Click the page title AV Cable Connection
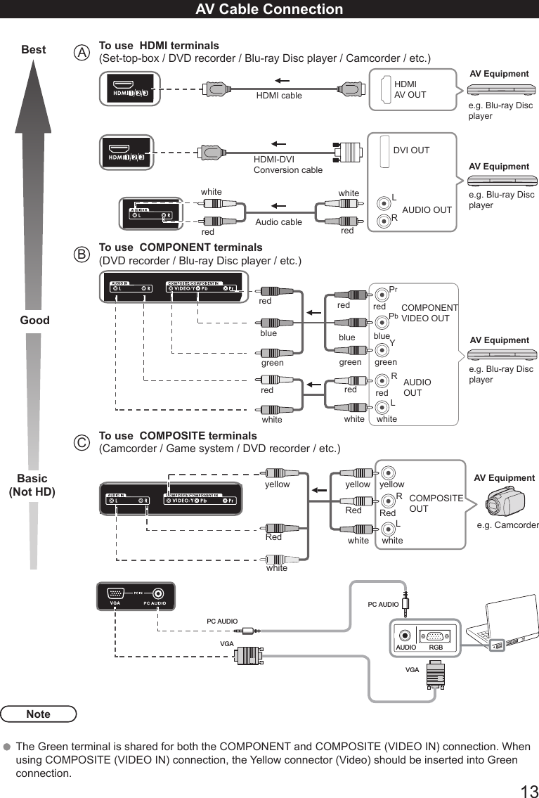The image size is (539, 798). click(269, 9)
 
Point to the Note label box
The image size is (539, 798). click(39, 714)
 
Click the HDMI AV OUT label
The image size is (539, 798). click(410, 89)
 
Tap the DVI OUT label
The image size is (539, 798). click(411, 150)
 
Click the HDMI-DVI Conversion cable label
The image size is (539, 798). click(287, 165)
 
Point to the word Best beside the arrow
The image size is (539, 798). click(34, 50)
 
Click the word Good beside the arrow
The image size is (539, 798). click(34, 320)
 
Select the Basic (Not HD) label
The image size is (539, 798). click(32, 485)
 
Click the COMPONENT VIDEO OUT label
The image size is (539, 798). click(429, 313)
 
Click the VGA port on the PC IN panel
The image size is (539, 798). click(116, 594)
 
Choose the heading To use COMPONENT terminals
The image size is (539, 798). click(181, 247)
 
